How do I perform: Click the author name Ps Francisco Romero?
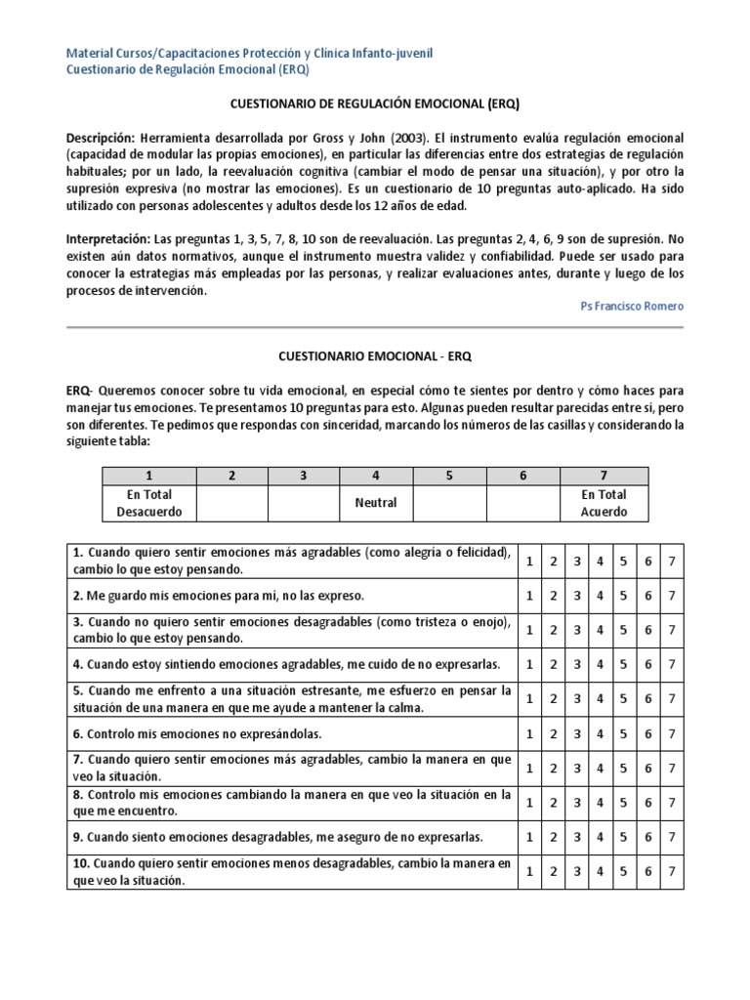632,306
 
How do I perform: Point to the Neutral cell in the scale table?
377,503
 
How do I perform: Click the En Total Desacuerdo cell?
149,503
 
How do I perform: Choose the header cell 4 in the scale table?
377,475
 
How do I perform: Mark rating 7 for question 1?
672,561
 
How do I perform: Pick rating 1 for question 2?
528,595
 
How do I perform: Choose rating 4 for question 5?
601,698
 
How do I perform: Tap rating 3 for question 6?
577,732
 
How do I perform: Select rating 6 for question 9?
648,837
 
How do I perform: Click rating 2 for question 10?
553,871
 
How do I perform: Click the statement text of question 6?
205,732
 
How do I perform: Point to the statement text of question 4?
287,664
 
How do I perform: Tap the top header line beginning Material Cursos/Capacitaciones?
249,52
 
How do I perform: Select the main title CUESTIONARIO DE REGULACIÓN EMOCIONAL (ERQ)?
375,104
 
